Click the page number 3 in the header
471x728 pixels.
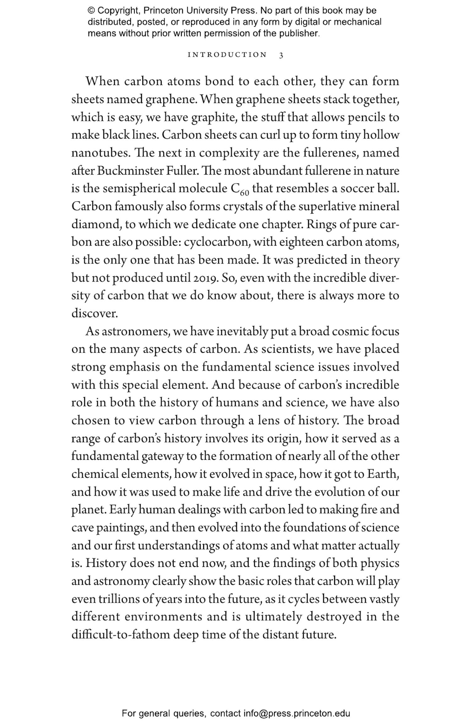281,55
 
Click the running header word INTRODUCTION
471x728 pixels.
227,55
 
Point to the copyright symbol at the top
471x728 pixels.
91,11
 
